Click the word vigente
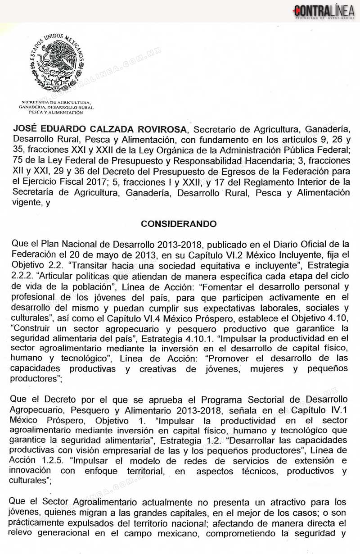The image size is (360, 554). [25, 203]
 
